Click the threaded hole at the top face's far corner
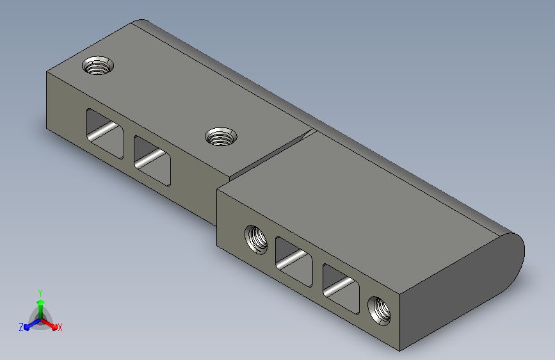[x=98, y=65]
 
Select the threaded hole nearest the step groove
[x=221, y=136]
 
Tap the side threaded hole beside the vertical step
[x=256, y=240]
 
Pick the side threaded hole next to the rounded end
[x=380, y=311]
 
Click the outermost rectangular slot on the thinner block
[x=105, y=133]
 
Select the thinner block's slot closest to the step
[x=152, y=161]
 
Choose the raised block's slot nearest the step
[x=294, y=261]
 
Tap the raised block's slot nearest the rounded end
[x=341, y=288]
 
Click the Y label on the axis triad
[x=40, y=293]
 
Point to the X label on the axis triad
[x=60, y=327]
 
